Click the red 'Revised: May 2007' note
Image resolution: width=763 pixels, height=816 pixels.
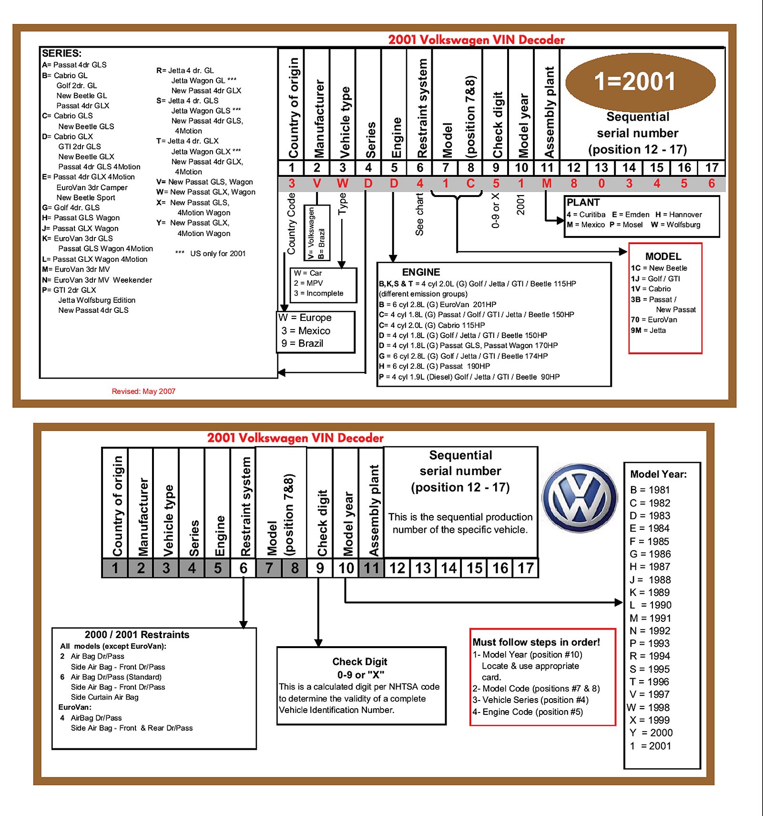click(x=143, y=392)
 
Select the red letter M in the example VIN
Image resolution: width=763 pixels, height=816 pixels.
click(x=547, y=184)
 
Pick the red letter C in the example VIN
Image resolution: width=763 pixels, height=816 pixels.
click(x=470, y=184)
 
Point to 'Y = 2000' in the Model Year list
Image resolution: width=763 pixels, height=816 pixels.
click(x=651, y=733)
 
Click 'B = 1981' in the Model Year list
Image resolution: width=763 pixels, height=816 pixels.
click(x=650, y=490)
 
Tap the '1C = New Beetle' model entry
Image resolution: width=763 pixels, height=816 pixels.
click(x=659, y=268)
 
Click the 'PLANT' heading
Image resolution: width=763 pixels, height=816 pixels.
click(x=583, y=202)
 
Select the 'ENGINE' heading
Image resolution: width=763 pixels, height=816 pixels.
click(x=421, y=272)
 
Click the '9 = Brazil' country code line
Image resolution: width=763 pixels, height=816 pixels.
click(x=302, y=343)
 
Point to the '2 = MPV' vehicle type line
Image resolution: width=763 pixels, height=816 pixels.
click(x=308, y=283)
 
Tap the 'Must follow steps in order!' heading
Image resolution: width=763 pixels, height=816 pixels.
click(x=536, y=642)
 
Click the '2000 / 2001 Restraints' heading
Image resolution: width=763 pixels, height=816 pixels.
click(x=137, y=635)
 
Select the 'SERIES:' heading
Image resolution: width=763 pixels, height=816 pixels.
click(x=61, y=53)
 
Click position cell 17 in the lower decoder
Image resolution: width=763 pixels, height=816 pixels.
click(x=526, y=568)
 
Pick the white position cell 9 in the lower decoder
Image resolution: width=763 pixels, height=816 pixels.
click(x=320, y=568)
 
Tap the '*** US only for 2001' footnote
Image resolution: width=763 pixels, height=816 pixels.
click(x=211, y=254)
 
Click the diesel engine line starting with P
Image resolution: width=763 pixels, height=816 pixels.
click(x=469, y=377)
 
